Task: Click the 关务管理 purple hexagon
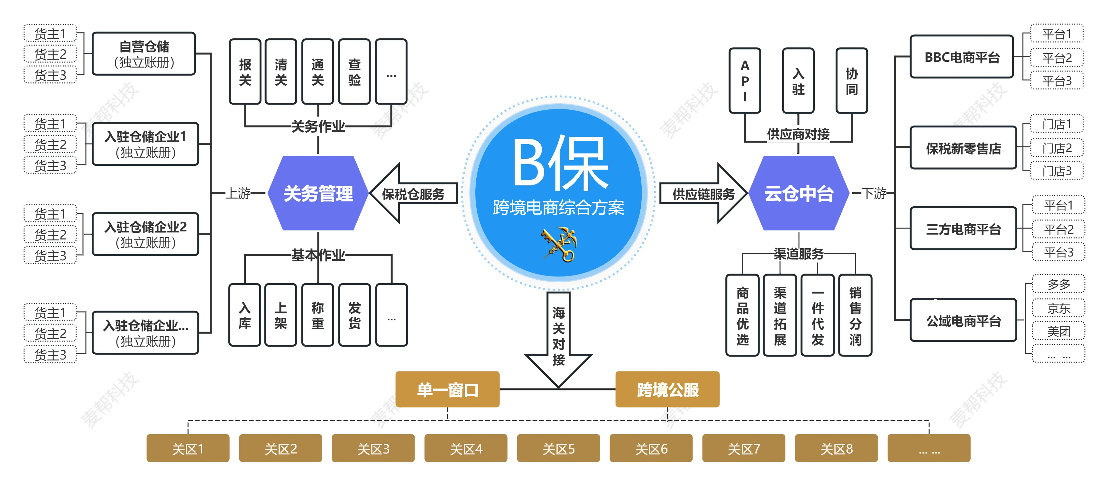pos(318,193)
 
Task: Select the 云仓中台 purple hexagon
pos(799,193)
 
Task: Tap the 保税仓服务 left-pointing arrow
pos(412,194)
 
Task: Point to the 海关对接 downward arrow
pos(558,336)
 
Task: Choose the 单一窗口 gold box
pos(447,389)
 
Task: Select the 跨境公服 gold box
pos(667,389)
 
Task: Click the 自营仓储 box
pos(144,54)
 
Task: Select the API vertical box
pos(745,80)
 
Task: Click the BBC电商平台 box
pos(962,57)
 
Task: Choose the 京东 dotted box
pos(1059,308)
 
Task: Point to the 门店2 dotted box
pos(1057,148)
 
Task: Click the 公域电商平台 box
pos(963,321)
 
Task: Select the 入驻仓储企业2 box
pos(145,234)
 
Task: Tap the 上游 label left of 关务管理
pos(238,193)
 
